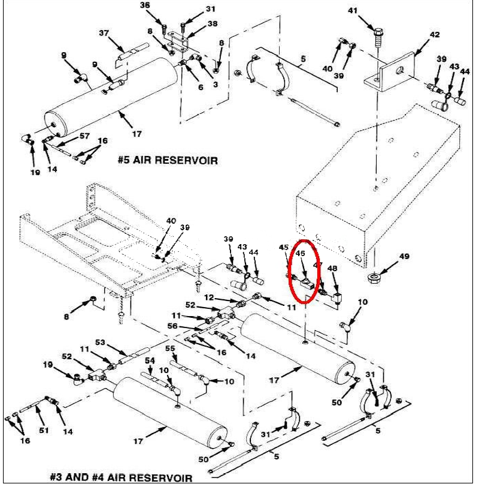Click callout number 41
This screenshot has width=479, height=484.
pos(369,10)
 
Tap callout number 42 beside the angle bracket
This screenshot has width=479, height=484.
pos(435,34)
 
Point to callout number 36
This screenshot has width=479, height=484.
pos(144,5)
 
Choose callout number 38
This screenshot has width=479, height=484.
pos(195,24)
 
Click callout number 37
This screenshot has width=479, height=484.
pos(104,32)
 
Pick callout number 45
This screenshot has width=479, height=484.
pos(284,246)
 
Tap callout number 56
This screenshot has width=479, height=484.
pos(172,326)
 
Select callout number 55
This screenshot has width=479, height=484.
pos(169,349)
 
